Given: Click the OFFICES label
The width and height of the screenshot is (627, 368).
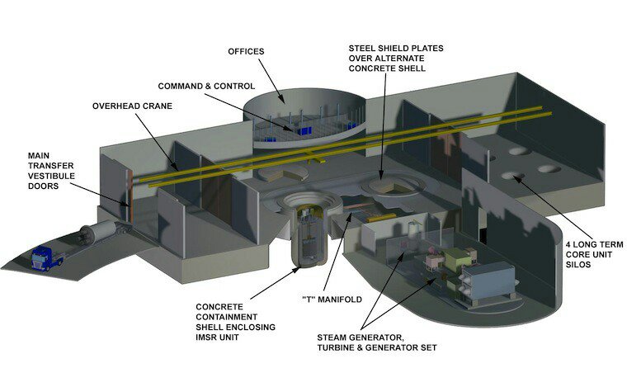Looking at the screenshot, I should pos(246,51).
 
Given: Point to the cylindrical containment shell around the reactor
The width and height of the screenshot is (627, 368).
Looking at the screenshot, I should pos(309,238).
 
